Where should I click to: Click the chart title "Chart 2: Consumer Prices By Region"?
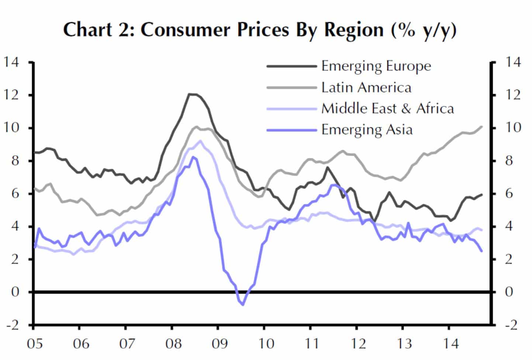(x=260, y=30)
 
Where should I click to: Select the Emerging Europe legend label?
(x=376, y=66)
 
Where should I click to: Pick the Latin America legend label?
(x=366, y=88)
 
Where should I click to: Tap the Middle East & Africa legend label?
(x=387, y=109)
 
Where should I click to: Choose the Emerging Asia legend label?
(x=367, y=130)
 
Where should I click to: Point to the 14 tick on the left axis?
(x=11, y=62)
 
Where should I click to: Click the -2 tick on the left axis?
(x=11, y=325)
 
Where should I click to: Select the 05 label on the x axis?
(x=35, y=344)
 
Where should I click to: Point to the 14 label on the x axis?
(x=450, y=344)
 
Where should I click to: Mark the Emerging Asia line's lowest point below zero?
(x=243, y=305)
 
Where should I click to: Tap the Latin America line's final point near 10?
(x=481, y=127)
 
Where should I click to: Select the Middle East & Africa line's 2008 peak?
(x=200, y=141)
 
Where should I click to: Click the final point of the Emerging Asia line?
(x=481, y=251)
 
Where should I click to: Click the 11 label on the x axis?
(x=311, y=344)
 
